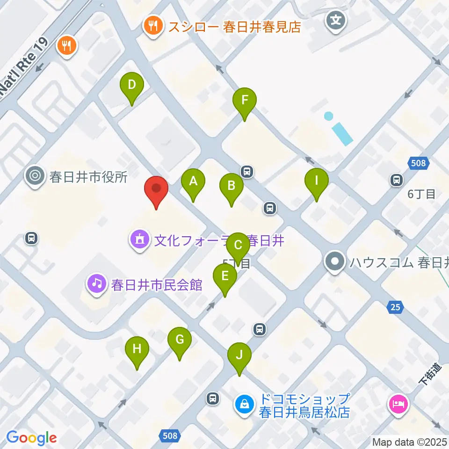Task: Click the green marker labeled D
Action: point(132,86)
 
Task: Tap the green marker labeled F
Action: point(245,100)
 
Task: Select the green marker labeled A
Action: point(193,181)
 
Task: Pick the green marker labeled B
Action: point(231,186)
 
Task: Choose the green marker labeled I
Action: point(317,180)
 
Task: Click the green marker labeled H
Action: point(137,348)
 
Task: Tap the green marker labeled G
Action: point(180,340)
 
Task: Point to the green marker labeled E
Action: point(225,276)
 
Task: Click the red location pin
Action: point(156,189)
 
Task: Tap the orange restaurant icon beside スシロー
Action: point(153,26)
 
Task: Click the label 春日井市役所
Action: point(88,177)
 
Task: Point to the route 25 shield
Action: point(395,307)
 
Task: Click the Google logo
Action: point(31,437)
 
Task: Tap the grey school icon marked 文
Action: point(336,20)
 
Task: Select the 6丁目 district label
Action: point(421,194)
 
